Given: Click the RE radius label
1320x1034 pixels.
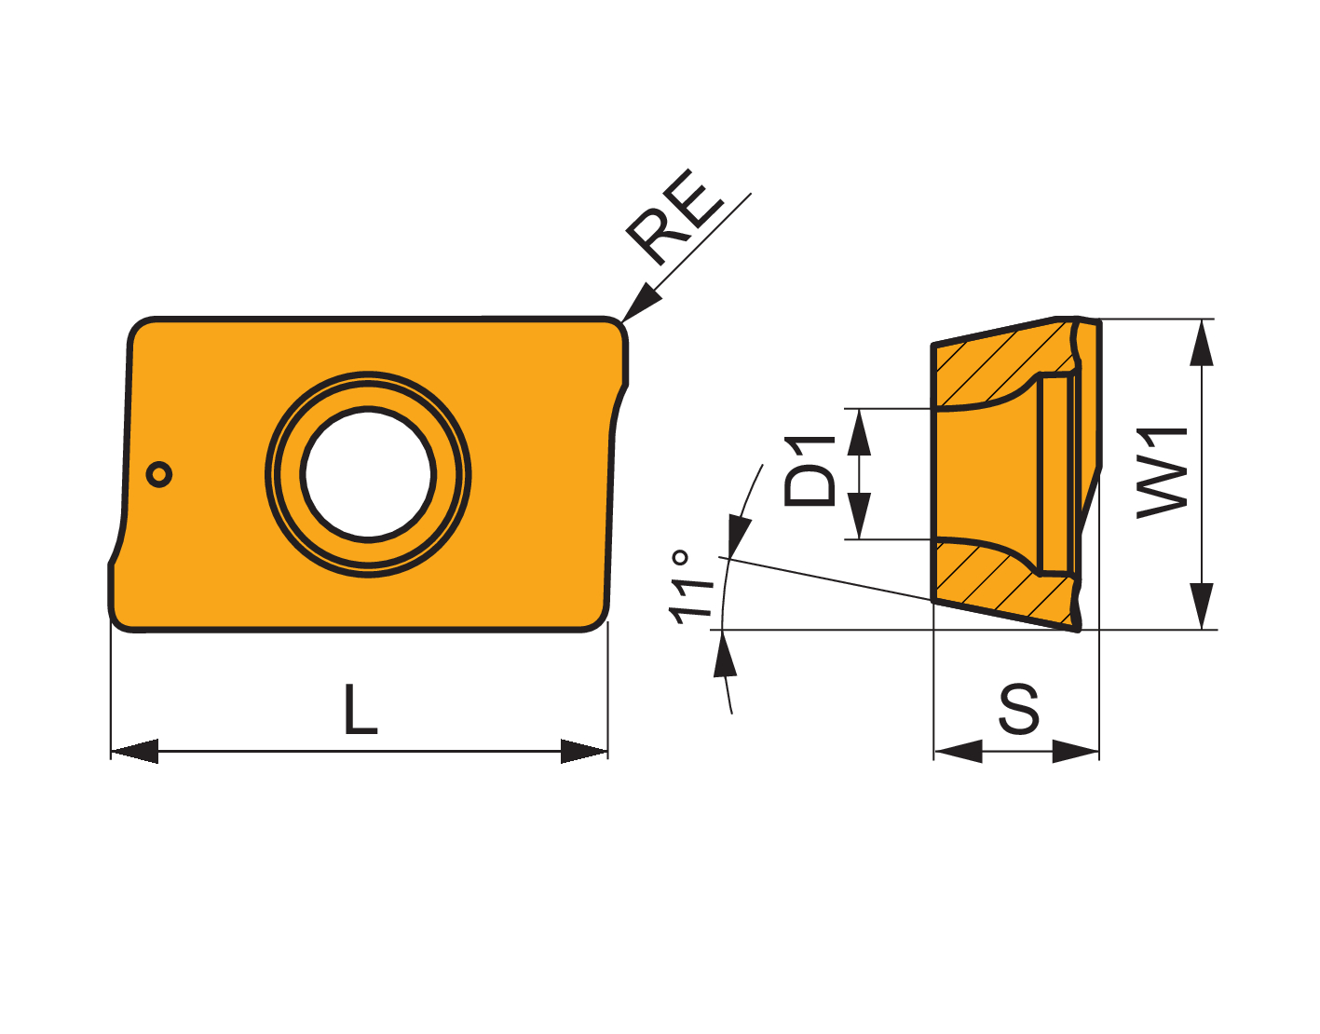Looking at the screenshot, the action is (x=674, y=217).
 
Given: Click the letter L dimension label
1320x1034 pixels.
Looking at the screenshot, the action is (x=361, y=709).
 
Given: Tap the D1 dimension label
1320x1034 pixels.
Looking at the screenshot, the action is (x=810, y=470).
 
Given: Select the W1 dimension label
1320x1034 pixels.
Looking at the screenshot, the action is (x=1161, y=473).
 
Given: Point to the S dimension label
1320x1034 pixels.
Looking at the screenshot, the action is (x=1019, y=709).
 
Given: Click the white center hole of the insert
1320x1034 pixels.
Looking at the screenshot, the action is (x=368, y=474).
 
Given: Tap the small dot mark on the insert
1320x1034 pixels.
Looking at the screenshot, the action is (x=159, y=474).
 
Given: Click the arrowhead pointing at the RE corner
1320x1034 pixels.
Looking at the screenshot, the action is (x=642, y=303).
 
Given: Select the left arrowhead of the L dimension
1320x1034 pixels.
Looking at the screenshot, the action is (x=135, y=751).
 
